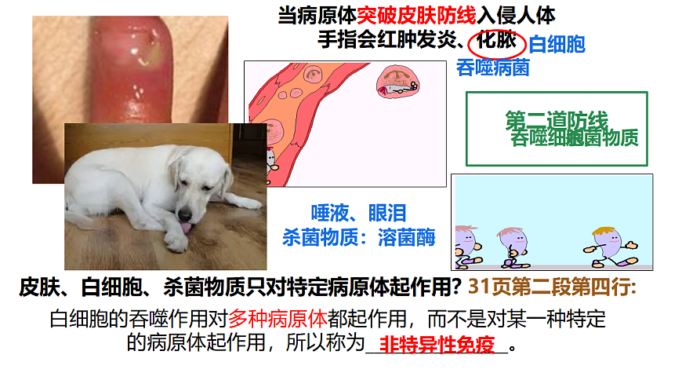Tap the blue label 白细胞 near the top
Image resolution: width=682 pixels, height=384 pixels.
point(557,45)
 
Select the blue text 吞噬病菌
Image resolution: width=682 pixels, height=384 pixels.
point(492,68)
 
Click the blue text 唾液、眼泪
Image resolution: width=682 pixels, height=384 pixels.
point(358,213)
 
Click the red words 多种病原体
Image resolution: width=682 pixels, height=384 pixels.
point(278,319)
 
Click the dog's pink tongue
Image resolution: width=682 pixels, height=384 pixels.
point(186,228)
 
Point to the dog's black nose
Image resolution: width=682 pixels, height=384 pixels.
point(186,214)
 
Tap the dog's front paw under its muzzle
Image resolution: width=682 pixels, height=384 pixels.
point(176,239)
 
